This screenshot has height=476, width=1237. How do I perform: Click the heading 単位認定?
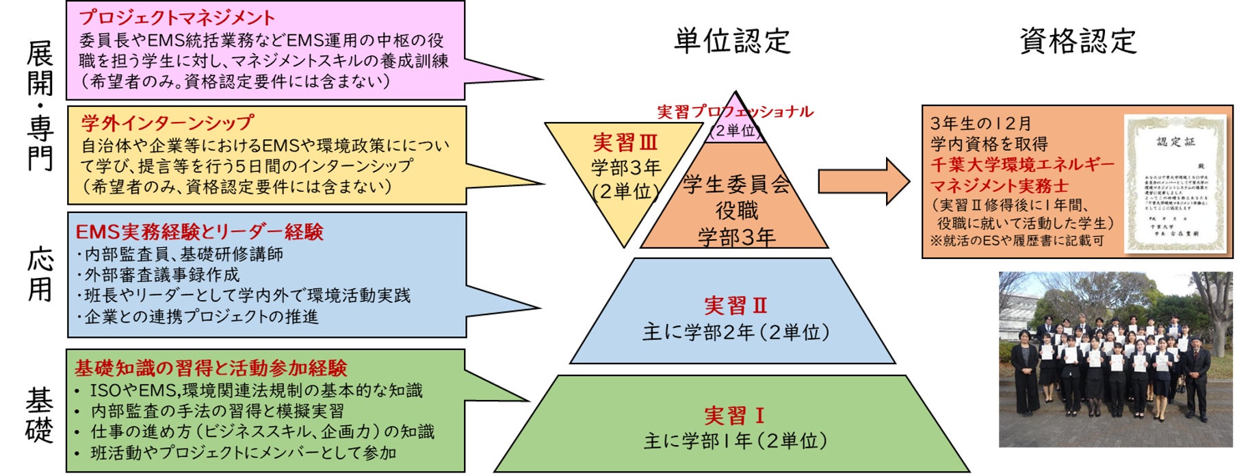732,41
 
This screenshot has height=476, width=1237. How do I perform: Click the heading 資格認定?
1078,41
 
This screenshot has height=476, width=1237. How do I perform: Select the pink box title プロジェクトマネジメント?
177,18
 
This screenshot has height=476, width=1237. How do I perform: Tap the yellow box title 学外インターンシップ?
168,123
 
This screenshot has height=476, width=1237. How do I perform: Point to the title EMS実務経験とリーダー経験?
199,232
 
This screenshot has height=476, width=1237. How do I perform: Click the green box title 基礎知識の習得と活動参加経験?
211,368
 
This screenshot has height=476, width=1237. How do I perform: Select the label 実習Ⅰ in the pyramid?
735,416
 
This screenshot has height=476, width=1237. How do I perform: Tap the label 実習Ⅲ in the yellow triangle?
625,143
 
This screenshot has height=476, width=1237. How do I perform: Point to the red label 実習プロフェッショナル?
735,112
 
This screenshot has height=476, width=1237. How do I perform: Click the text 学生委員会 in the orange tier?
736,184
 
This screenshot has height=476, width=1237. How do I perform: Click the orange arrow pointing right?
863,181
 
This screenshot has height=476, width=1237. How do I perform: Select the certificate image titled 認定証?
1175,181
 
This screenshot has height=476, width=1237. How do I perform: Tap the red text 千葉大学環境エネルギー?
1022,165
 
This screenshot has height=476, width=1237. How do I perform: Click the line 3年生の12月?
980,124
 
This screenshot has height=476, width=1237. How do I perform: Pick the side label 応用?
40,275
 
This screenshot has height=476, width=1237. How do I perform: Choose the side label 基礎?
40,415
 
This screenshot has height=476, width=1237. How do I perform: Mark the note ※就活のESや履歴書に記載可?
1017,241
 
